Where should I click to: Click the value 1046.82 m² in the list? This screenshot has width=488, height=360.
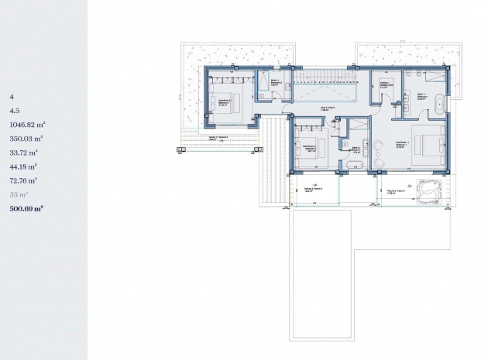click(27, 124)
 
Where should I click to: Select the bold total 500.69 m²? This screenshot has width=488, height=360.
click(26, 208)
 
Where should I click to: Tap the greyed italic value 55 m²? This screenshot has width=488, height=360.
click(19, 194)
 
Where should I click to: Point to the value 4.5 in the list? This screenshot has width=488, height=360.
click(13, 110)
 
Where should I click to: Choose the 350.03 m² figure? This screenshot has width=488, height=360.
click(26, 138)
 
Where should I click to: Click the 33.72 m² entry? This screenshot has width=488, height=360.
click(23, 152)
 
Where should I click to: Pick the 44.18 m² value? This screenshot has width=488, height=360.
click(23, 166)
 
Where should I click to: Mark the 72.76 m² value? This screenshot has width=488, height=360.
click(23, 180)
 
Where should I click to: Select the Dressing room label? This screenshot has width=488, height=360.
click(385, 85)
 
